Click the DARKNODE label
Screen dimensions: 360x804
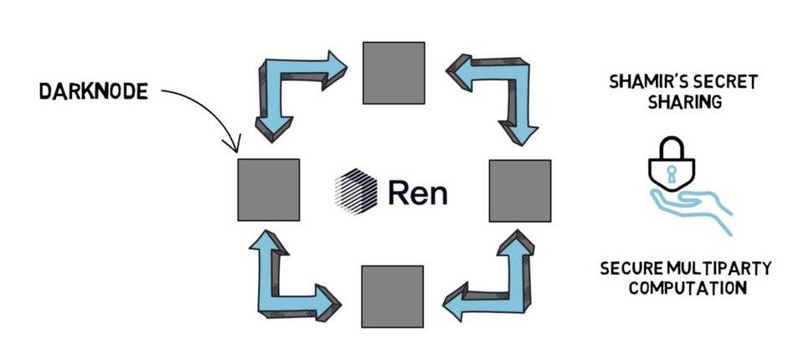click(92, 91)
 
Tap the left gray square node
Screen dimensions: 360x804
click(268, 189)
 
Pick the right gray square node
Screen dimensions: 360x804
click(519, 191)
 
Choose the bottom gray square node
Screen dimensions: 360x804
click(393, 297)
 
